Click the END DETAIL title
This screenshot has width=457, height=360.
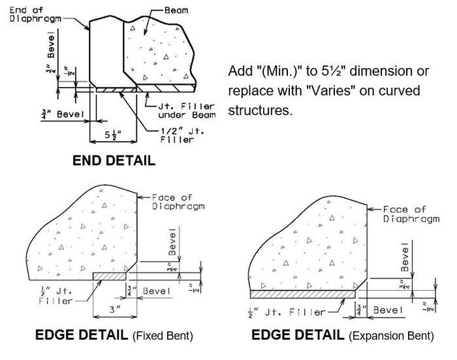pos(114,161)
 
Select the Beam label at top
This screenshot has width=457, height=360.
pos(176,10)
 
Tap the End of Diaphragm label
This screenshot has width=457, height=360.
pos(35,14)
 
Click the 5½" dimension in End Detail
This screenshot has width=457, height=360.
pos(113,135)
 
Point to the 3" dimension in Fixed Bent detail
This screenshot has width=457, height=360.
pos(115,310)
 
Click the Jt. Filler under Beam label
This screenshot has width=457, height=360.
pos(187,110)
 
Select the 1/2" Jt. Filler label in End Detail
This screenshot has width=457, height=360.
pos(182,135)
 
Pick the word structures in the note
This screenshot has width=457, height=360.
pos(260,110)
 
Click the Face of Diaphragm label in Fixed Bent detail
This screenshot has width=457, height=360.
pos(178,202)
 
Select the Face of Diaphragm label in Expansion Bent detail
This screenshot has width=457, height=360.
pos(411,214)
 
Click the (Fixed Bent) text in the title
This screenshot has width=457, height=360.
pos(163,336)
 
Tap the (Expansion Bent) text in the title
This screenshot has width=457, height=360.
pos(391,336)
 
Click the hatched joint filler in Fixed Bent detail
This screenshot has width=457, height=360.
pos(110,276)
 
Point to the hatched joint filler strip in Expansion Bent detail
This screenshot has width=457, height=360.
pos(303,295)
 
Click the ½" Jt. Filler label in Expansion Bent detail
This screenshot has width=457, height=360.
pos(286,312)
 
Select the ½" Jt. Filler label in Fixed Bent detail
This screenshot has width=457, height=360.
pos(55,295)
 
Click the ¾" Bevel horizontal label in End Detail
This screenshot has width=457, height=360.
pos(63,114)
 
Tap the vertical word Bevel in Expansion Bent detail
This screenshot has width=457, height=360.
pos(405,257)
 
